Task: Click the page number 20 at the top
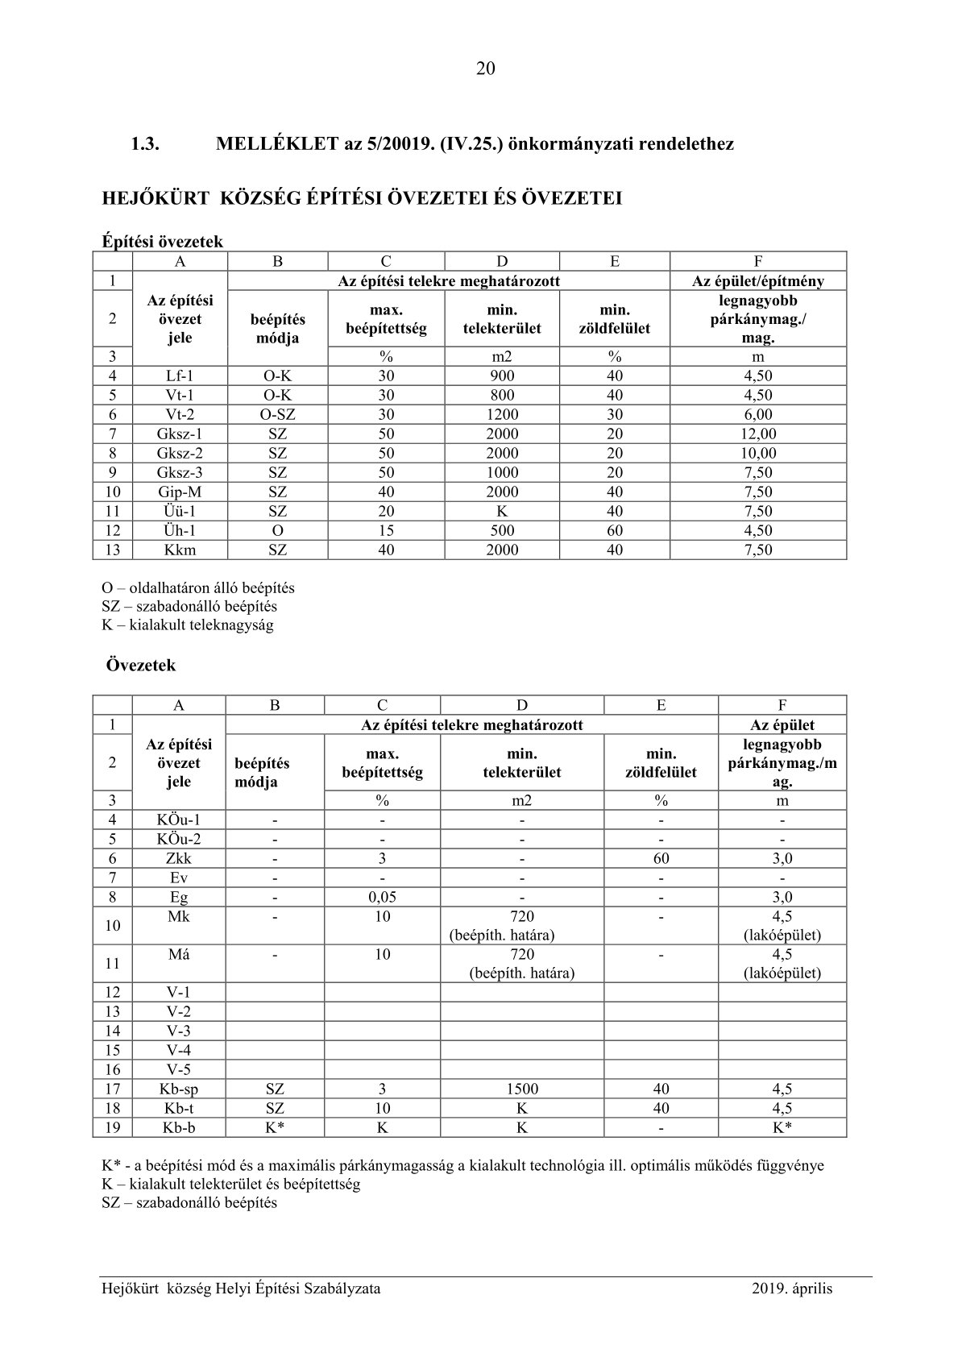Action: pos(485,68)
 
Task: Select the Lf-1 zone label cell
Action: pos(180,376)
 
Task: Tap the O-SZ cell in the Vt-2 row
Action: pos(277,414)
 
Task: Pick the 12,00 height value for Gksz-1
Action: pos(757,434)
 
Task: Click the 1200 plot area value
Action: pos(502,414)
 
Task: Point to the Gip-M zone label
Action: pos(180,492)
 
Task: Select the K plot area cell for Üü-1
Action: pos(502,511)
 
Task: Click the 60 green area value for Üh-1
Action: pos(615,530)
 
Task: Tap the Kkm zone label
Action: pos(180,550)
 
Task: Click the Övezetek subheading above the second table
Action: pos(141,666)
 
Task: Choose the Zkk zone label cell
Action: pos(179,858)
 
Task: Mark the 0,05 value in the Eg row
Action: pos(382,897)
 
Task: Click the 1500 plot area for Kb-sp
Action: pos(522,1089)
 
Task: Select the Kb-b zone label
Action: pos(179,1127)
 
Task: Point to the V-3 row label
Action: pos(179,1031)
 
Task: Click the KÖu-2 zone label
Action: pos(179,839)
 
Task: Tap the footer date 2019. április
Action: pos(792,1289)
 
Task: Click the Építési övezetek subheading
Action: pos(163,241)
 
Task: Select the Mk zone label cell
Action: pos(179,917)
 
